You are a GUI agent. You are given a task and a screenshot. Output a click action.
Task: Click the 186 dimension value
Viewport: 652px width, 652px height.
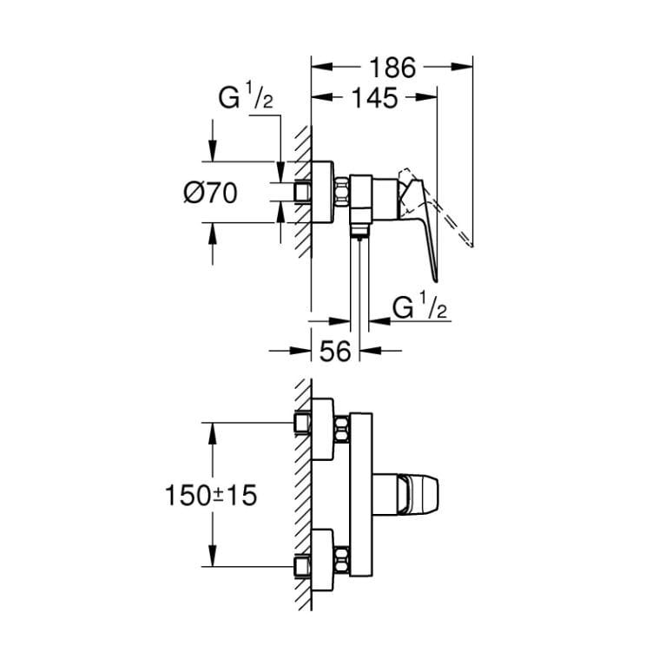coord(392,68)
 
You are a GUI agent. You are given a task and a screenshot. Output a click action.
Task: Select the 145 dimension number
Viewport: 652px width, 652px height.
coord(375,98)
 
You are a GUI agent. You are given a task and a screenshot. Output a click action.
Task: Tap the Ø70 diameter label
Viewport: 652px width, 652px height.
coord(211,193)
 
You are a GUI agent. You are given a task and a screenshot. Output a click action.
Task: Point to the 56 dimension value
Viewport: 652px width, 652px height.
coord(335,351)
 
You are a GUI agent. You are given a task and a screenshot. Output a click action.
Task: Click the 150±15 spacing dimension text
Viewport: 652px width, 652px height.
coord(211,495)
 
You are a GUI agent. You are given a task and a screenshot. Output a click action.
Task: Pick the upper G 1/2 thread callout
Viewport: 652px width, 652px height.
coord(246,96)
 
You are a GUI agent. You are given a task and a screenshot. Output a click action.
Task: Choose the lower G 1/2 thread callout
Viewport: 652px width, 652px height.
coord(419,306)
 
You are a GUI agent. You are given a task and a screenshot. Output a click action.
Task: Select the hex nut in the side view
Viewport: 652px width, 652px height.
coord(341,192)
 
